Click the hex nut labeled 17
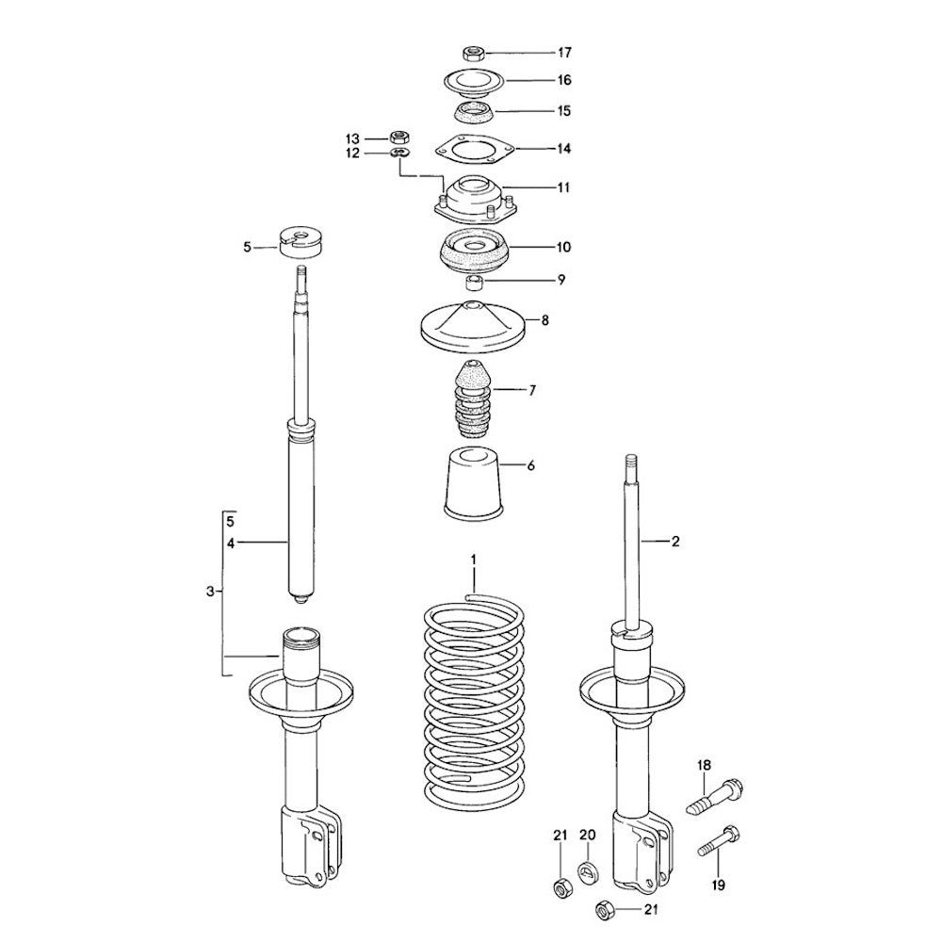[474, 53]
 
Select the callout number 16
[564, 80]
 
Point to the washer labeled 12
[400, 152]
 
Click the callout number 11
[563, 187]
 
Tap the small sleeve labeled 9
[475, 282]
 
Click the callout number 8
[544, 320]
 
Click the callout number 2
[675, 542]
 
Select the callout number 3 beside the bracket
[210, 592]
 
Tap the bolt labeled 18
[714, 797]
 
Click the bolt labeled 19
[719, 841]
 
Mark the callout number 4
[232, 544]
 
